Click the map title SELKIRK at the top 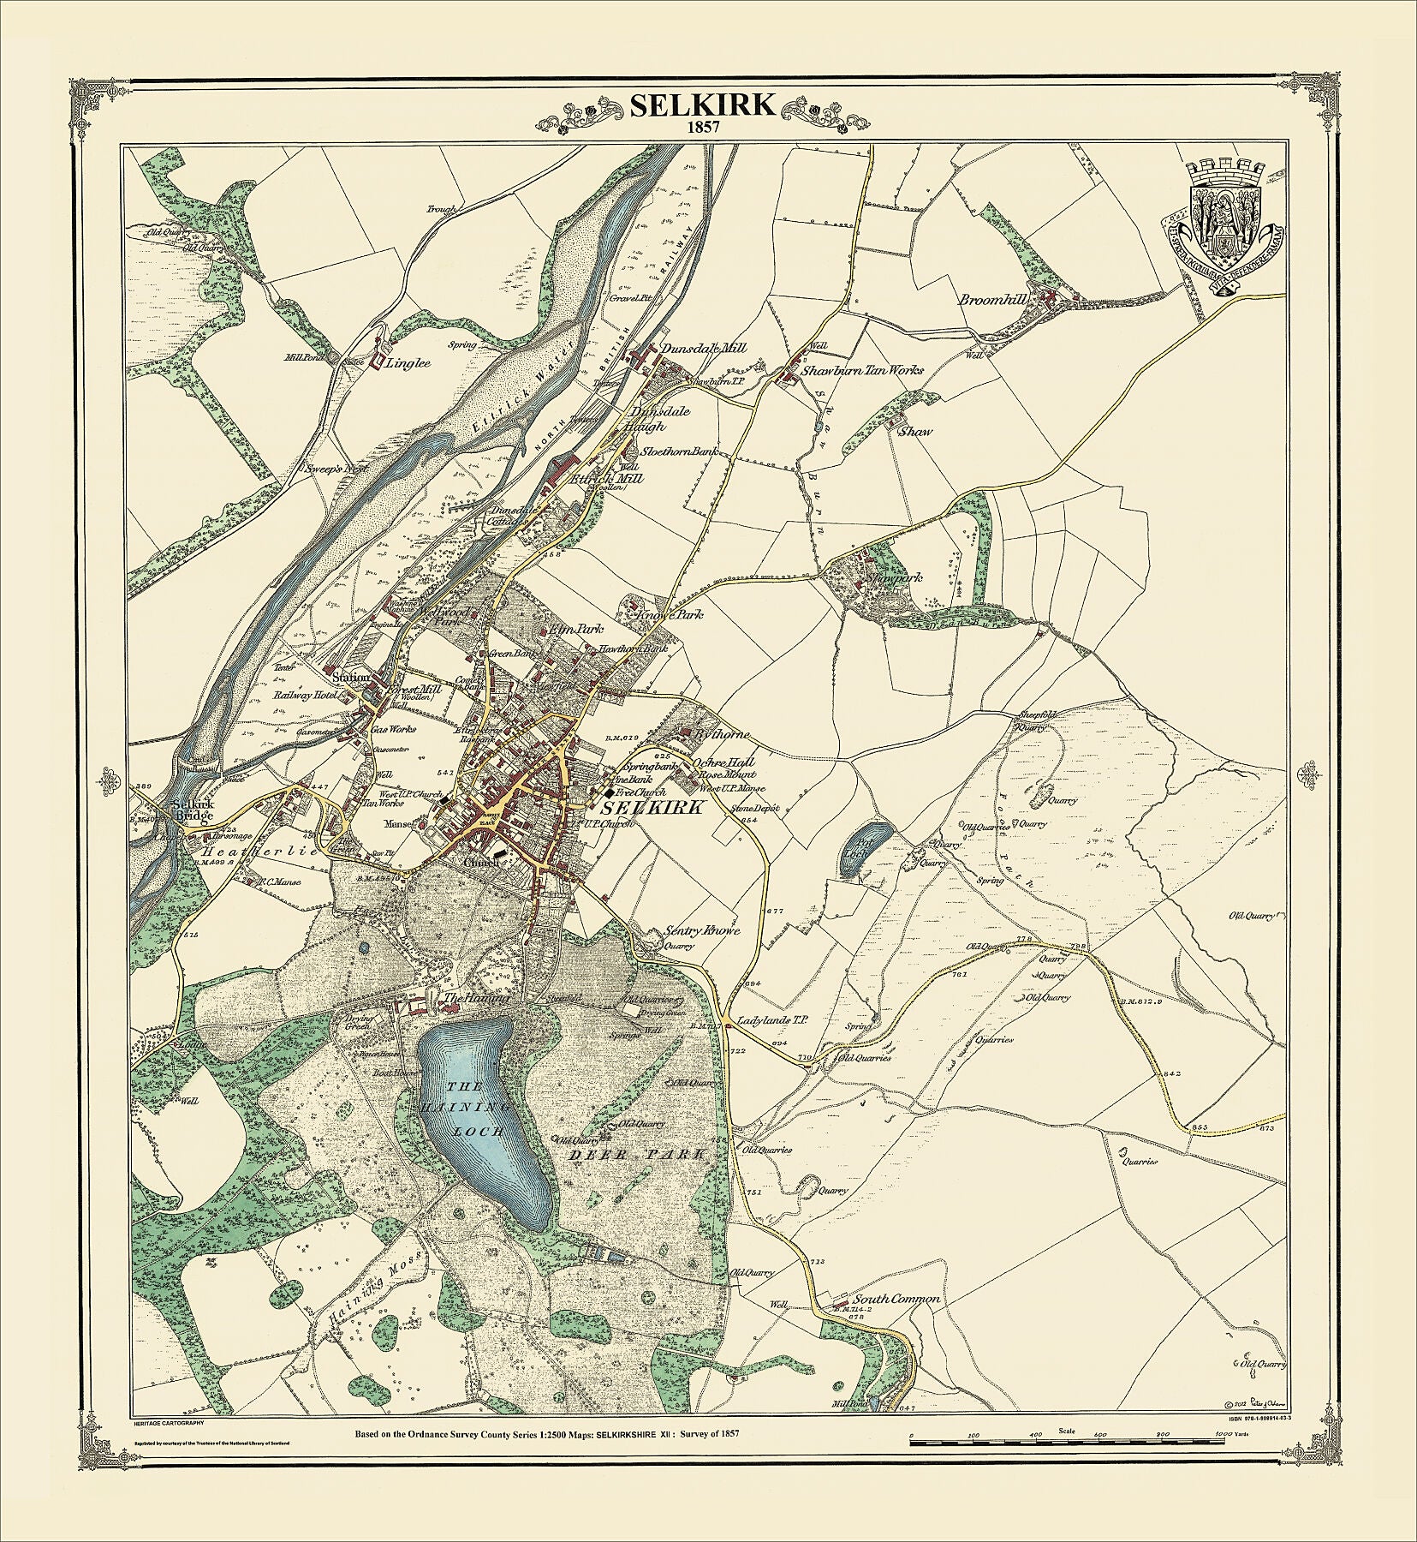tap(703, 105)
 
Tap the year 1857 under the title tap(703, 127)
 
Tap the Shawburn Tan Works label tap(863, 371)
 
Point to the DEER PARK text tap(638, 1155)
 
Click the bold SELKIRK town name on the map tap(652, 808)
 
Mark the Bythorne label tap(723, 734)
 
